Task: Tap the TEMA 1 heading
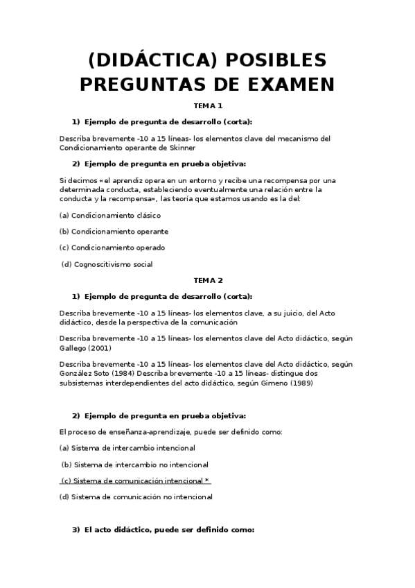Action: pos(208,106)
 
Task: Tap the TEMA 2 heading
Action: pos(208,280)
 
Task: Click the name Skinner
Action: pos(181,148)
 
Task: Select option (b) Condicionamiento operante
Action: pos(114,231)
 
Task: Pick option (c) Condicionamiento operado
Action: pos(112,248)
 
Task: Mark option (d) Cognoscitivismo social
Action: pos(107,263)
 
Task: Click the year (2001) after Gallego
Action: pos(98,347)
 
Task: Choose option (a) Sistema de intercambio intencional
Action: pos(127,448)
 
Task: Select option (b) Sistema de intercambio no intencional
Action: pos(135,465)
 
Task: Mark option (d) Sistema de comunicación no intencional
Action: pos(136,496)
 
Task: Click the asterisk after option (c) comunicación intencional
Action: pos(208,481)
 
